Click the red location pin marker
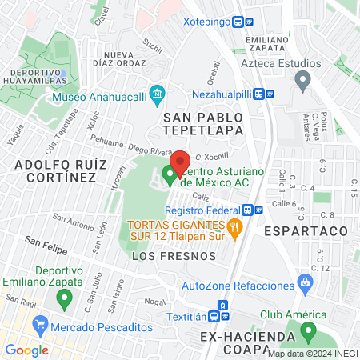[180, 161]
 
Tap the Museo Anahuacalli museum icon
[158, 97]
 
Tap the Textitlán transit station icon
[223, 307]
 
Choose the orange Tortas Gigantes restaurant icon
[234, 227]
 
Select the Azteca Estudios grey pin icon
[302, 78]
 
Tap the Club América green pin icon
[309, 330]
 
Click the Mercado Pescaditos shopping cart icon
[39, 325]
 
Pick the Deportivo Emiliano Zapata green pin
[66, 299]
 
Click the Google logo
[26, 350]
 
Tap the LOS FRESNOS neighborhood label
[174, 256]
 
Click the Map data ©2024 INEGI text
[311, 354]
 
